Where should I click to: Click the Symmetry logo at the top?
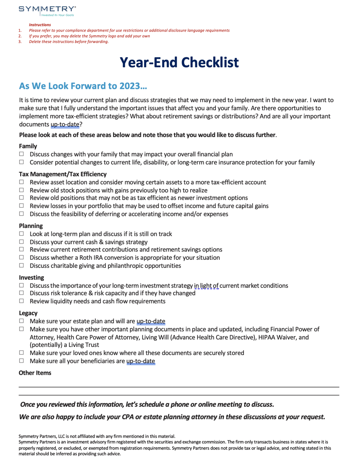tap(47, 10)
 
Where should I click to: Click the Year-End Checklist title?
tap(179, 62)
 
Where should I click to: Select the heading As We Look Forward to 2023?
tap(83, 86)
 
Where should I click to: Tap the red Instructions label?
tap(39, 25)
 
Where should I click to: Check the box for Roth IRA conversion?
tap(21, 257)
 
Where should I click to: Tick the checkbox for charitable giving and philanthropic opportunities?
tap(21, 266)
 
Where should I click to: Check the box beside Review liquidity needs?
tap(21, 301)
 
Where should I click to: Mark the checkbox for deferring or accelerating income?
tap(21, 214)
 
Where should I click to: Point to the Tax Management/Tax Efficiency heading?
tap(63, 174)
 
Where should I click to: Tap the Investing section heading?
tap(32, 277)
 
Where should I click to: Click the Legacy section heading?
tap(28, 313)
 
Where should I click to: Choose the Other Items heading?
tap(35, 373)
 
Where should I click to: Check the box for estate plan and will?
tap(21, 321)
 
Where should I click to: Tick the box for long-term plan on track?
tap(21, 234)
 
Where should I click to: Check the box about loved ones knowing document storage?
tap(21, 352)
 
